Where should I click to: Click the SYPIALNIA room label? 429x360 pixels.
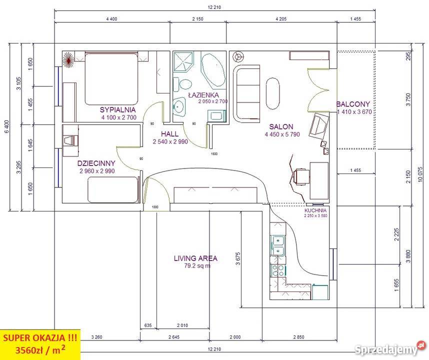(x=117, y=110)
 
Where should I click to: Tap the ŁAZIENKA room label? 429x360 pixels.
(x=204, y=95)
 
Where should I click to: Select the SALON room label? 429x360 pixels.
(x=281, y=126)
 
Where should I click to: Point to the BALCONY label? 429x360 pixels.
(x=353, y=104)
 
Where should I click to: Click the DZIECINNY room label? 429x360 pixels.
(x=96, y=163)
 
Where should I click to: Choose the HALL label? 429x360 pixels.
(x=169, y=134)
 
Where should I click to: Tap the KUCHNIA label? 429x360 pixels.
(x=315, y=210)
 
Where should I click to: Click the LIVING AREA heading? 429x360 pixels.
(x=195, y=258)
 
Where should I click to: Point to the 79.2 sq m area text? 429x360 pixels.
(x=197, y=266)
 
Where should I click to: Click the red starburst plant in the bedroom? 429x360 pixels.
(x=68, y=59)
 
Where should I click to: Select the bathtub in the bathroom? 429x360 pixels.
(x=213, y=68)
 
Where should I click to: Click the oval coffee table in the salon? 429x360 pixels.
(x=273, y=93)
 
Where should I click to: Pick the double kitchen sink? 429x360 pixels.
(x=278, y=245)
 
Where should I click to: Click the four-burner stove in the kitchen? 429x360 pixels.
(x=277, y=270)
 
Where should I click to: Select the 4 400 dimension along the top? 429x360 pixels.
(x=111, y=19)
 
